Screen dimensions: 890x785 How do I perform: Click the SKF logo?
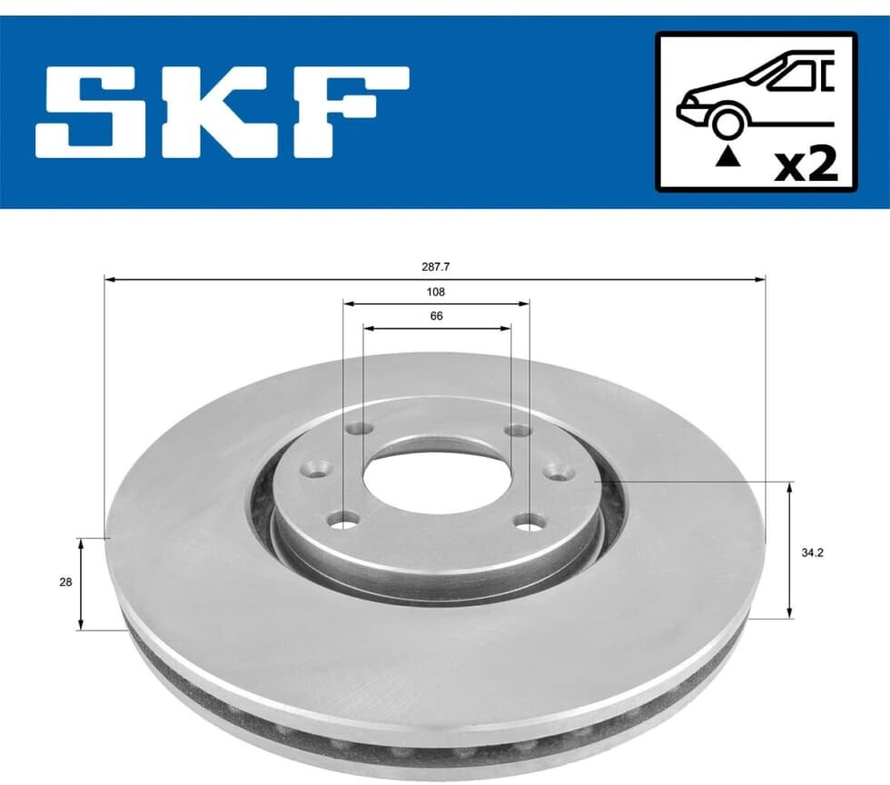[x=222, y=112]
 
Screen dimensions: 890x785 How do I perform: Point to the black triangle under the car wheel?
[x=728, y=156]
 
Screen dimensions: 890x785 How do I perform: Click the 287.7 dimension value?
[x=435, y=266]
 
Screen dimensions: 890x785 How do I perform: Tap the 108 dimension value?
[x=435, y=292]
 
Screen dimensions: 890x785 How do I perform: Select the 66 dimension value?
[x=436, y=316]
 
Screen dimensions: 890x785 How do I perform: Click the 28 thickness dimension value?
[x=65, y=582]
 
